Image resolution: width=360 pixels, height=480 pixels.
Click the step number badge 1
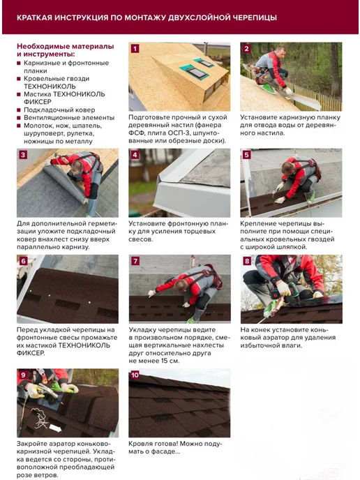(135, 49)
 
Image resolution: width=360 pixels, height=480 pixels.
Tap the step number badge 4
(135, 155)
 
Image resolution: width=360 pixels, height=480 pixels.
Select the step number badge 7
(135, 261)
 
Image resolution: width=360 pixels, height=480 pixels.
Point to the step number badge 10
(135, 375)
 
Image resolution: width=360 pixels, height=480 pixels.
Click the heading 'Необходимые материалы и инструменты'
(65, 50)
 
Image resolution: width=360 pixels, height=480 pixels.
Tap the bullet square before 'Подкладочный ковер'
(19, 110)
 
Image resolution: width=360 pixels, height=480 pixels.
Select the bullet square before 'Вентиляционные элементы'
(19, 117)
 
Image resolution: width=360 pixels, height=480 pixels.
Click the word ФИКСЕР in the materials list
(38, 102)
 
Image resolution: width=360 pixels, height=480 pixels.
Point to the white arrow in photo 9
(55, 428)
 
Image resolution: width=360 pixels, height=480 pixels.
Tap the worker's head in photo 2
(280, 52)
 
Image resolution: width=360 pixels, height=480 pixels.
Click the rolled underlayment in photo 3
(65, 183)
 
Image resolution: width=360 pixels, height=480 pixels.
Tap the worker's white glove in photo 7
(151, 293)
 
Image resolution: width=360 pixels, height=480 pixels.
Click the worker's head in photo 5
(287, 167)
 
